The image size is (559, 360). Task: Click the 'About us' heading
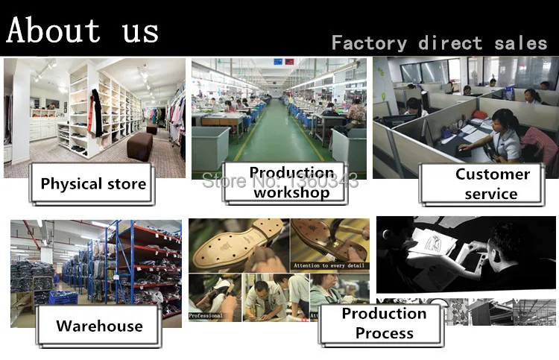pos(82,31)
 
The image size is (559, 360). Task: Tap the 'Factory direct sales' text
pos(439,43)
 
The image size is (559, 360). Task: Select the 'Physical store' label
pos(93,183)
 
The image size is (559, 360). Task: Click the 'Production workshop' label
pos(291,183)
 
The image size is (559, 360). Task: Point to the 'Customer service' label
pos(492,184)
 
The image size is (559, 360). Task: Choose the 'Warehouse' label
pos(99,326)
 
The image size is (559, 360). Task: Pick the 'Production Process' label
pos(384,323)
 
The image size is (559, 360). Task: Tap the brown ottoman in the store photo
pos(139,145)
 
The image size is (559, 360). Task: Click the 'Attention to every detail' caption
pos(329,265)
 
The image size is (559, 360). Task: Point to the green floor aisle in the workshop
pos(272,142)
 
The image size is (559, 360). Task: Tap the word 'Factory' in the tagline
pos(370,43)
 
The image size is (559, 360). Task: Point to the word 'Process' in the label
pos(384,333)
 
